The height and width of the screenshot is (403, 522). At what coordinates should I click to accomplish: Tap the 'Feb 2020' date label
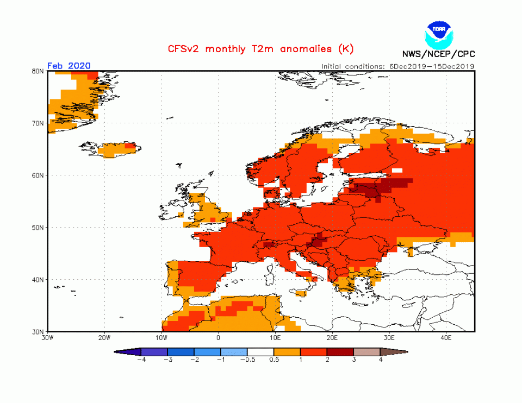click(x=69, y=66)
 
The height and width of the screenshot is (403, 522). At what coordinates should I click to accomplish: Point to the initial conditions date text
click(x=397, y=66)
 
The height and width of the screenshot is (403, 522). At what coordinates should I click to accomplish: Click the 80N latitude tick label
click(x=38, y=71)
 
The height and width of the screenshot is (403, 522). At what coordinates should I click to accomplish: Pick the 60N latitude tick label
click(x=38, y=175)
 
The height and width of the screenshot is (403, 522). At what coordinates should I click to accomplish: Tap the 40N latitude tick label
click(x=38, y=280)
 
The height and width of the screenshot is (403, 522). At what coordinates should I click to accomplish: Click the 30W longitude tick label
click(x=47, y=337)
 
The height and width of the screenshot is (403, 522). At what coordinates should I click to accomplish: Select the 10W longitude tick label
click(x=161, y=337)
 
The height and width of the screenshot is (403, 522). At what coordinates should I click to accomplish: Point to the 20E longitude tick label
click(x=332, y=337)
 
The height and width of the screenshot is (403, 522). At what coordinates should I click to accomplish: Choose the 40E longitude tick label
click(x=446, y=337)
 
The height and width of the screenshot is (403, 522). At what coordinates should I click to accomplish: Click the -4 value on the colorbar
click(x=141, y=360)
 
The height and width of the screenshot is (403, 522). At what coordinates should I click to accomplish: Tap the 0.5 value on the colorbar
click(x=274, y=360)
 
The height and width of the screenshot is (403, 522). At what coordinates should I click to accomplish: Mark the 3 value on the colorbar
click(x=353, y=360)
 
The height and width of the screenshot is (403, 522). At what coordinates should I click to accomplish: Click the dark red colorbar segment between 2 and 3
click(x=340, y=352)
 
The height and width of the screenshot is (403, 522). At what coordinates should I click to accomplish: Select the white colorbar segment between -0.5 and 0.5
click(x=260, y=352)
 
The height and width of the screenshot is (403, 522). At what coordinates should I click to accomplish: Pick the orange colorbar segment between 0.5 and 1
click(x=287, y=352)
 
